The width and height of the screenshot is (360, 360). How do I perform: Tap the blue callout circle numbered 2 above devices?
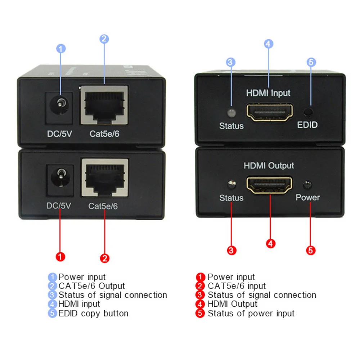point(104,39)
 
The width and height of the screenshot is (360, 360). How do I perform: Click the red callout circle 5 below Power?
point(311,250)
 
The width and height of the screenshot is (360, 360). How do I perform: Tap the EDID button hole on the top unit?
point(308,112)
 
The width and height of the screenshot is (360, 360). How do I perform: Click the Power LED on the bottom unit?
point(307,185)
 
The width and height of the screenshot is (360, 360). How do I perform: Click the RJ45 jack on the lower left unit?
point(105,177)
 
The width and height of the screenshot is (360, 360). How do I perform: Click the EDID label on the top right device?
point(307,125)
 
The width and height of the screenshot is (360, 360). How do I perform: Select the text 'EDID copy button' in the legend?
point(93,313)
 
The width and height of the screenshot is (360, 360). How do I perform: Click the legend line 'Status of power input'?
point(251,313)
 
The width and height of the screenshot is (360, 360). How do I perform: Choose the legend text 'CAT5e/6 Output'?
point(91,286)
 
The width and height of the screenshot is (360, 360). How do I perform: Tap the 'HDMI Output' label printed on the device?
point(269,166)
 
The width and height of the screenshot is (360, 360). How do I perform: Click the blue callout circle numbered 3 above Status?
point(231,62)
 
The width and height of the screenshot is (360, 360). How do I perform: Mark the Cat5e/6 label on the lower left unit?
point(103,206)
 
